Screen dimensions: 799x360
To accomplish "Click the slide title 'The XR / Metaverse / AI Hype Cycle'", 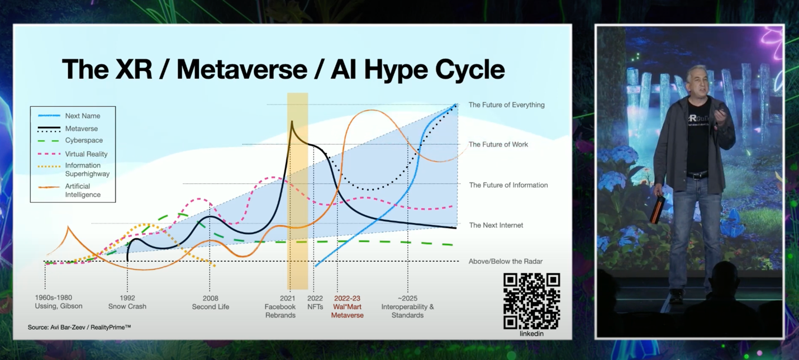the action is (x=284, y=70).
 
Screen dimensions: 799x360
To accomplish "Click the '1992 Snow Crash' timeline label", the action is (x=127, y=302).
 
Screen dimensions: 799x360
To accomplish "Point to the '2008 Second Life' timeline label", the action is (x=211, y=302).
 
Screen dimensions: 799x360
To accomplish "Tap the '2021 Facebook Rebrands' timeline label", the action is (x=280, y=307).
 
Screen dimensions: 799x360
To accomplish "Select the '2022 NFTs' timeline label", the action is (x=315, y=302).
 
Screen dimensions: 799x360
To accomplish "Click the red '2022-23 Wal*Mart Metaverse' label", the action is (x=348, y=307).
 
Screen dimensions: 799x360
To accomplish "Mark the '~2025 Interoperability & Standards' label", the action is (x=408, y=307).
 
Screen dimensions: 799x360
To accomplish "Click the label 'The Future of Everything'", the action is (x=507, y=105).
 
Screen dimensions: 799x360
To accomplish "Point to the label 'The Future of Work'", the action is (x=498, y=144).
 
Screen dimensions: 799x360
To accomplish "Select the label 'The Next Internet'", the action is (x=496, y=225).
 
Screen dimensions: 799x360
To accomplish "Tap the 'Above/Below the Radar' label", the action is (x=506, y=262).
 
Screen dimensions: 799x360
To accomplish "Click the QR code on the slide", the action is (x=531, y=301).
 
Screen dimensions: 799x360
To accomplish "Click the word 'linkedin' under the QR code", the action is (x=531, y=334).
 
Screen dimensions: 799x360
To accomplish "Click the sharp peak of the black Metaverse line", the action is (x=292, y=121).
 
